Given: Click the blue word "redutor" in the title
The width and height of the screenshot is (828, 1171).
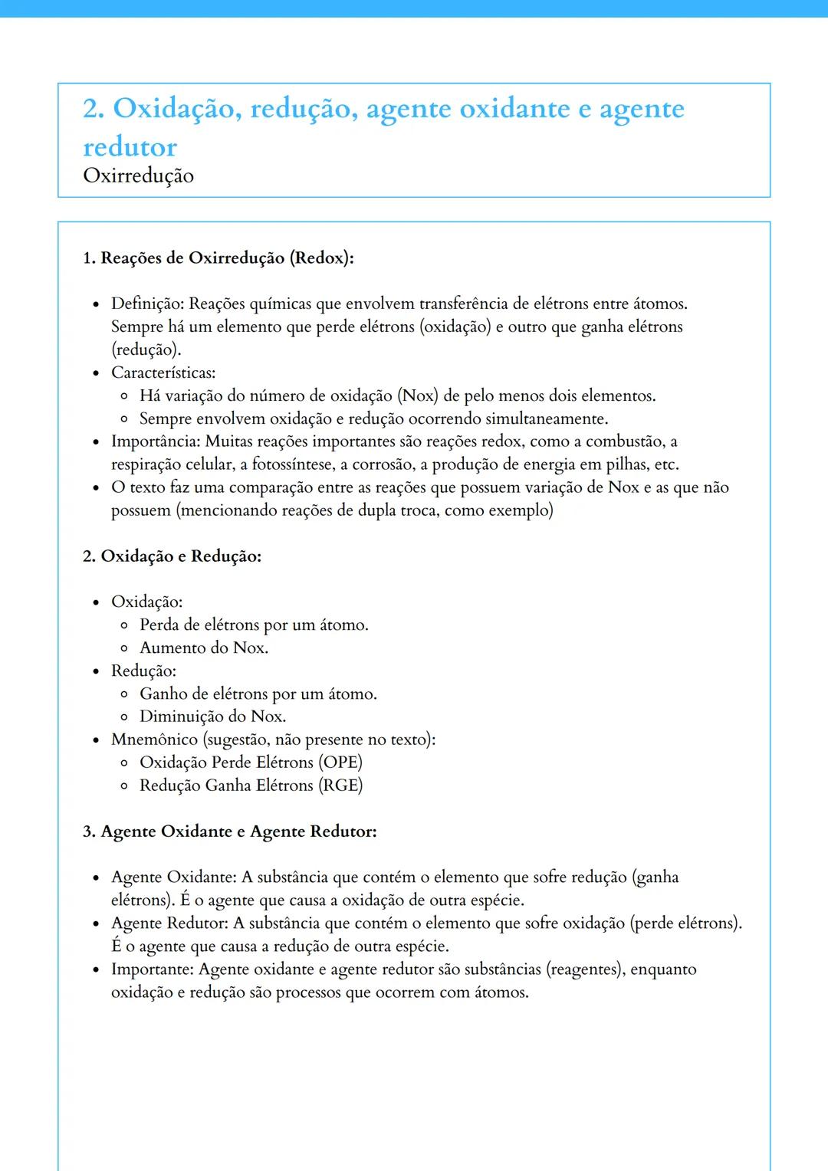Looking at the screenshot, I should [130, 146].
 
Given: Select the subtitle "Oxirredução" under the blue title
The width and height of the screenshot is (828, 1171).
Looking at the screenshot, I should [138, 175].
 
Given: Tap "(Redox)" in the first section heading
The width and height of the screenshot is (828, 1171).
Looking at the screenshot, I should [321, 257].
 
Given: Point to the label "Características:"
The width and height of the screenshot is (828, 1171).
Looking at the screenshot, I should [163, 372].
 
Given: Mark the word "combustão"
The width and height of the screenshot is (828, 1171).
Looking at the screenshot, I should [626, 441].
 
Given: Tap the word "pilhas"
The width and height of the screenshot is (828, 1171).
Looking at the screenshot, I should [626, 464].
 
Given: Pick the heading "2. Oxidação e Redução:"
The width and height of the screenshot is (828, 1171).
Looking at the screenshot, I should [172, 556].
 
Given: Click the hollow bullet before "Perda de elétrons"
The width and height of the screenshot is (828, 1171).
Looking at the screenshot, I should [124, 625].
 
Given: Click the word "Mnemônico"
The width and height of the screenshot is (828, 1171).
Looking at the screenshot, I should [154, 740].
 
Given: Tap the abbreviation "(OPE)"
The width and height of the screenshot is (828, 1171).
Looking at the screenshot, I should [340, 763].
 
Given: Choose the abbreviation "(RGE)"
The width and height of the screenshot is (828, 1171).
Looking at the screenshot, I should [340, 786].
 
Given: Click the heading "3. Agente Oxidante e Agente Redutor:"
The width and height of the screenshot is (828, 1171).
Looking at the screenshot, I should [229, 832].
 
